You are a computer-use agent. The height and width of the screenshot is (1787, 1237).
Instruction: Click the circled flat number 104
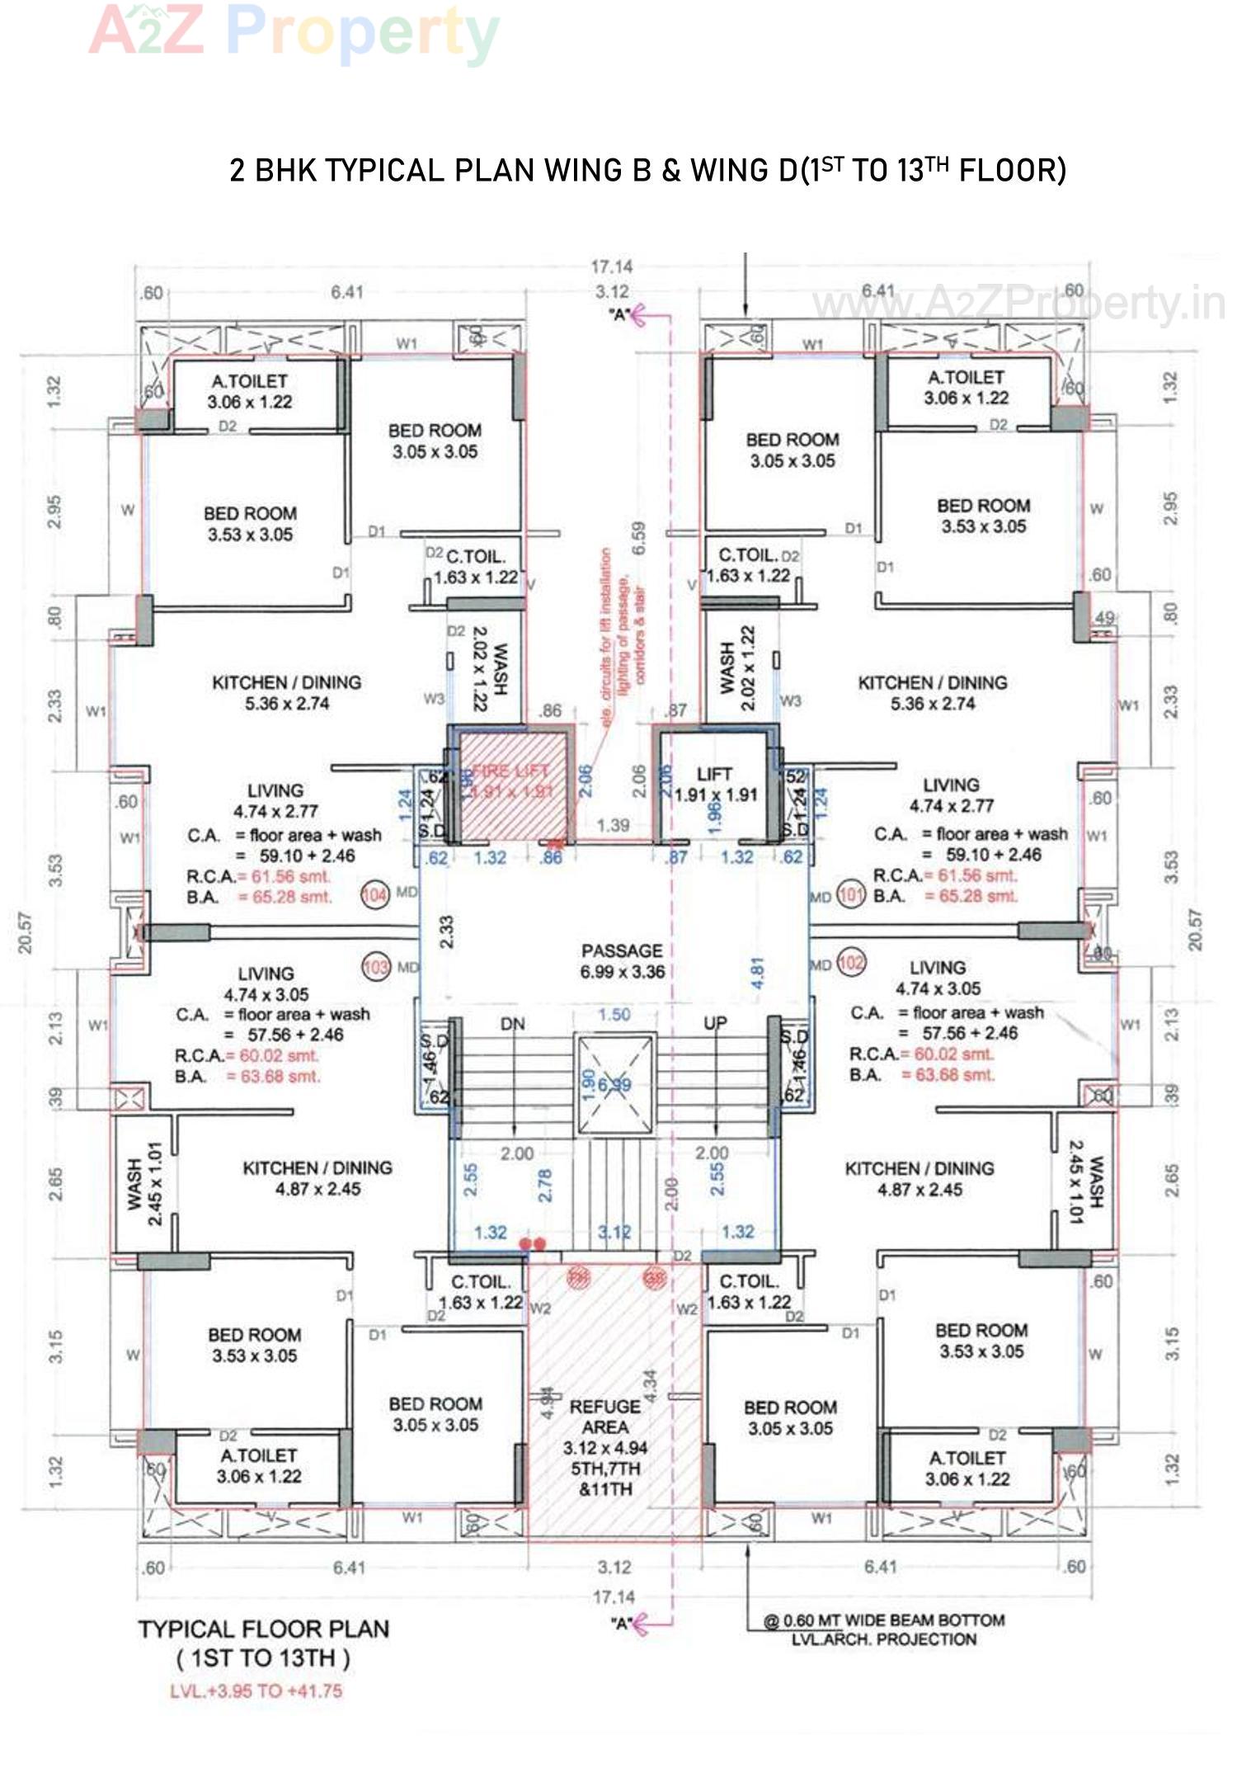click(375, 894)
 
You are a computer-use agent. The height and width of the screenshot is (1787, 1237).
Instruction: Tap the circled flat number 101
click(850, 894)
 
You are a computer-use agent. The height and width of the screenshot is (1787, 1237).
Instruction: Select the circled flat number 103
click(375, 966)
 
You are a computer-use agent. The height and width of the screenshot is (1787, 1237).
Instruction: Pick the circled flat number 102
click(851, 962)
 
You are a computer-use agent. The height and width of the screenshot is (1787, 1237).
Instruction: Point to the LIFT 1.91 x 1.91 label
click(715, 785)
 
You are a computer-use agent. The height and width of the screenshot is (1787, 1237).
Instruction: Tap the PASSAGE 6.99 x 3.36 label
click(622, 961)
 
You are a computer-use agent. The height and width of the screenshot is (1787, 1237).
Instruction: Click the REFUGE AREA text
click(605, 1417)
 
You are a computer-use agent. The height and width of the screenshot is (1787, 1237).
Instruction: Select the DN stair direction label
click(512, 1024)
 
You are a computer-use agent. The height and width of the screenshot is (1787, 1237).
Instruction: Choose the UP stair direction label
click(715, 1023)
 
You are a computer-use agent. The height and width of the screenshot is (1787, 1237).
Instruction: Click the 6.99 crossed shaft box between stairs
click(614, 1084)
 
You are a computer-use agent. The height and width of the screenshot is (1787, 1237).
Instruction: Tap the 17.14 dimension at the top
click(611, 266)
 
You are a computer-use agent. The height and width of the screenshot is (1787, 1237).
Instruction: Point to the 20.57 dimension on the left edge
click(26, 931)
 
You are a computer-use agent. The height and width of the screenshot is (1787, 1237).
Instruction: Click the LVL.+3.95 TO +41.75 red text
click(256, 1690)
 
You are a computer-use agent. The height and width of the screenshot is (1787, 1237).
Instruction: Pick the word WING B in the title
click(597, 171)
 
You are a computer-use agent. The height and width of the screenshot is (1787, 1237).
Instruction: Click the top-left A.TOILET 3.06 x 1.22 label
click(250, 391)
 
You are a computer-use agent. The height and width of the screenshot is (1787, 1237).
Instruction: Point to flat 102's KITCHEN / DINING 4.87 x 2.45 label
click(920, 1178)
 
